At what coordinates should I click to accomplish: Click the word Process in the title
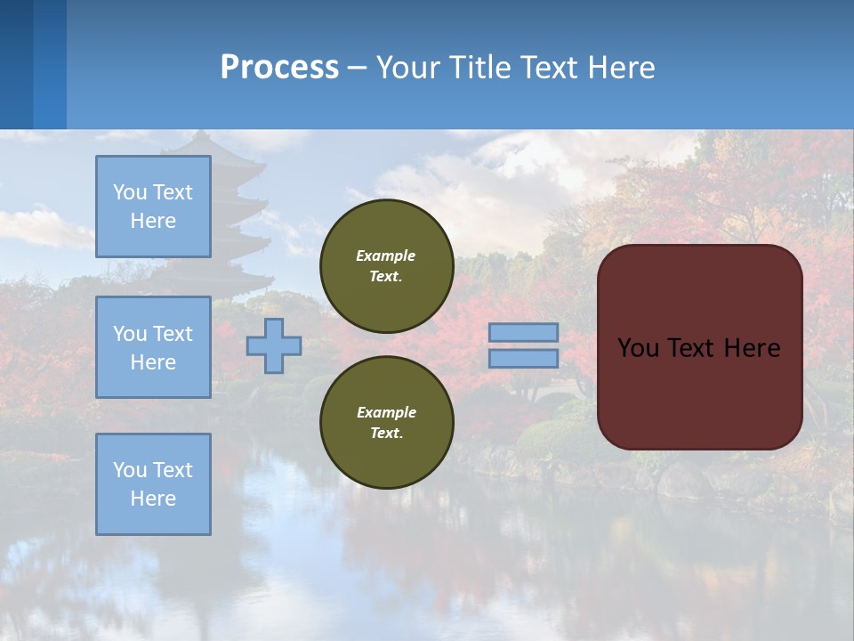pyautogui.click(x=279, y=68)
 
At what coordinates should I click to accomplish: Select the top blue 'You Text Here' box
pyautogui.click(x=153, y=207)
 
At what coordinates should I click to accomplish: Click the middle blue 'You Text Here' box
pyautogui.click(x=153, y=347)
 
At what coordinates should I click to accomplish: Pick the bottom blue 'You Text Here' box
pyautogui.click(x=153, y=484)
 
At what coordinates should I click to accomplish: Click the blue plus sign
pyautogui.click(x=274, y=345)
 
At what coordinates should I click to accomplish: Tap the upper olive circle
pyautogui.click(x=387, y=265)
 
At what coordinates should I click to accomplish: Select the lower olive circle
pyautogui.click(x=387, y=422)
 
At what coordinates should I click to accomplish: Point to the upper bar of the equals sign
pyautogui.click(x=523, y=333)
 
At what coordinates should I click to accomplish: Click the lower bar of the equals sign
pyautogui.click(x=523, y=359)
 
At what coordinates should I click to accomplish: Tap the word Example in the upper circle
pyautogui.click(x=386, y=256)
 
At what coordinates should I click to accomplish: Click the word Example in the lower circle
pyautogui.click(x=386, y=412)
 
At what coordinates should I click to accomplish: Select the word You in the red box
pyautogui.click(x=638, y=348)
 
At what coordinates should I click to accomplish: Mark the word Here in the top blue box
pyautogui.click(x=153, y=221)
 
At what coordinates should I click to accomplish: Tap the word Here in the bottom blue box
pyautogui.click(x=153, y=499)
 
